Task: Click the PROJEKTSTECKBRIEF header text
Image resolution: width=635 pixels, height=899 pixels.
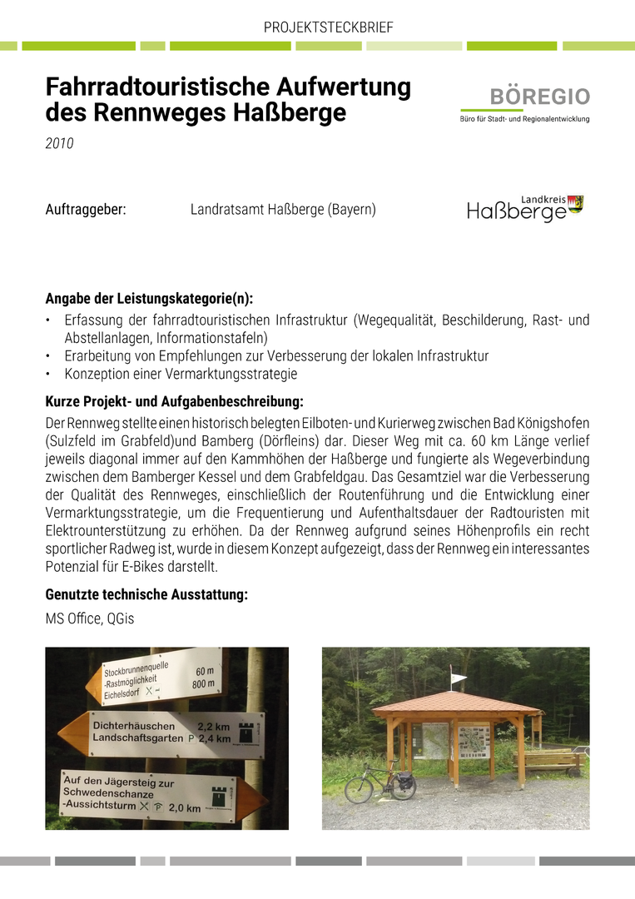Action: coord(328,27)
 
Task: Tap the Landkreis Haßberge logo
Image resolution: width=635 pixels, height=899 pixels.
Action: coord(525,209)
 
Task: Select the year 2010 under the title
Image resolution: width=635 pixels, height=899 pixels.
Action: coord(59,144)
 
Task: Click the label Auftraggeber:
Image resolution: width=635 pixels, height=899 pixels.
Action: coord(86,210)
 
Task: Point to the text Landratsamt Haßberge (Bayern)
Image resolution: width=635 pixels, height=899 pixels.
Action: coord(283,210)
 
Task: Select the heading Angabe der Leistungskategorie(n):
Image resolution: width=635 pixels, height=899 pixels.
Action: coord(149,299)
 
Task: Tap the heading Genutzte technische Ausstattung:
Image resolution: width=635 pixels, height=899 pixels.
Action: coord(146,595)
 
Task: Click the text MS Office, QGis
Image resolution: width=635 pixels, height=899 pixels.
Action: coord(89,618)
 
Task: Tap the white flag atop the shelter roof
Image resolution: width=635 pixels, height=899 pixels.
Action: coord(459,678)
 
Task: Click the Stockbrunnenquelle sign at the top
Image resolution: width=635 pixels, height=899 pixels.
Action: coord(154,678)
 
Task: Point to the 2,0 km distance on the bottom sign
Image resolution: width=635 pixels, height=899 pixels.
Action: coord(185,807)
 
